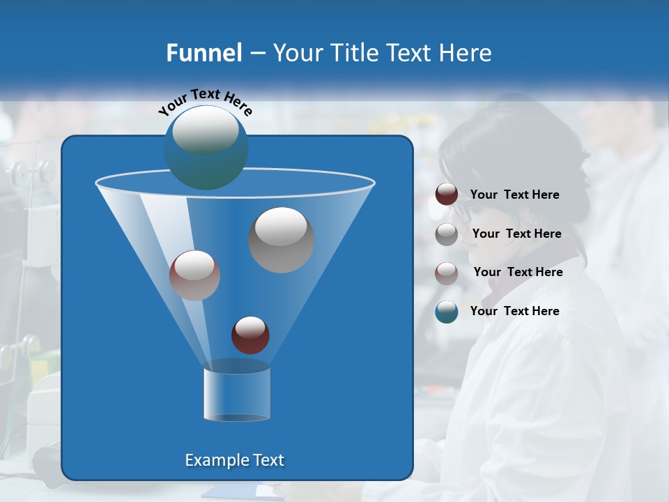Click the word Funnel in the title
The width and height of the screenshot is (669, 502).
click(204, 53)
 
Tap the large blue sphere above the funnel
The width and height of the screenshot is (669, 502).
click(206, 147)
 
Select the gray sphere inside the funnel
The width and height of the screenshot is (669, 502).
click(281, 240)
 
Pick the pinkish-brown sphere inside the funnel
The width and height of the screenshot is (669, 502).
click(194, 275)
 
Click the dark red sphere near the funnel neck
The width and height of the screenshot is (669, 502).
click(250, 335)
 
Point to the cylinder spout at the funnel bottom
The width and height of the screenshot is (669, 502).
click(236, 395)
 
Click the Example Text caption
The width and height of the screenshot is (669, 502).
click(234, 460)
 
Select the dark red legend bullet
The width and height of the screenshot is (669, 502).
click(447, 195)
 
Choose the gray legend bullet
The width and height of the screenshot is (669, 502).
click(447, 234)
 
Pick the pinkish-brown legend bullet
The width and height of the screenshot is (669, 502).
click(447, 273)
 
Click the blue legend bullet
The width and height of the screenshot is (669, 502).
click(447, 312)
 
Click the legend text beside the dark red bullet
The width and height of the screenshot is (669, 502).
click(514, 195)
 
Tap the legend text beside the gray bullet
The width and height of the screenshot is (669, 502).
click(516, 234)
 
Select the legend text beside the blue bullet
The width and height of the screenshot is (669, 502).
click(514, 311)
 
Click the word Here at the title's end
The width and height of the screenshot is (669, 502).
click(466, 53)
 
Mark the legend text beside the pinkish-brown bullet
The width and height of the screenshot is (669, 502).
click(518, 272)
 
